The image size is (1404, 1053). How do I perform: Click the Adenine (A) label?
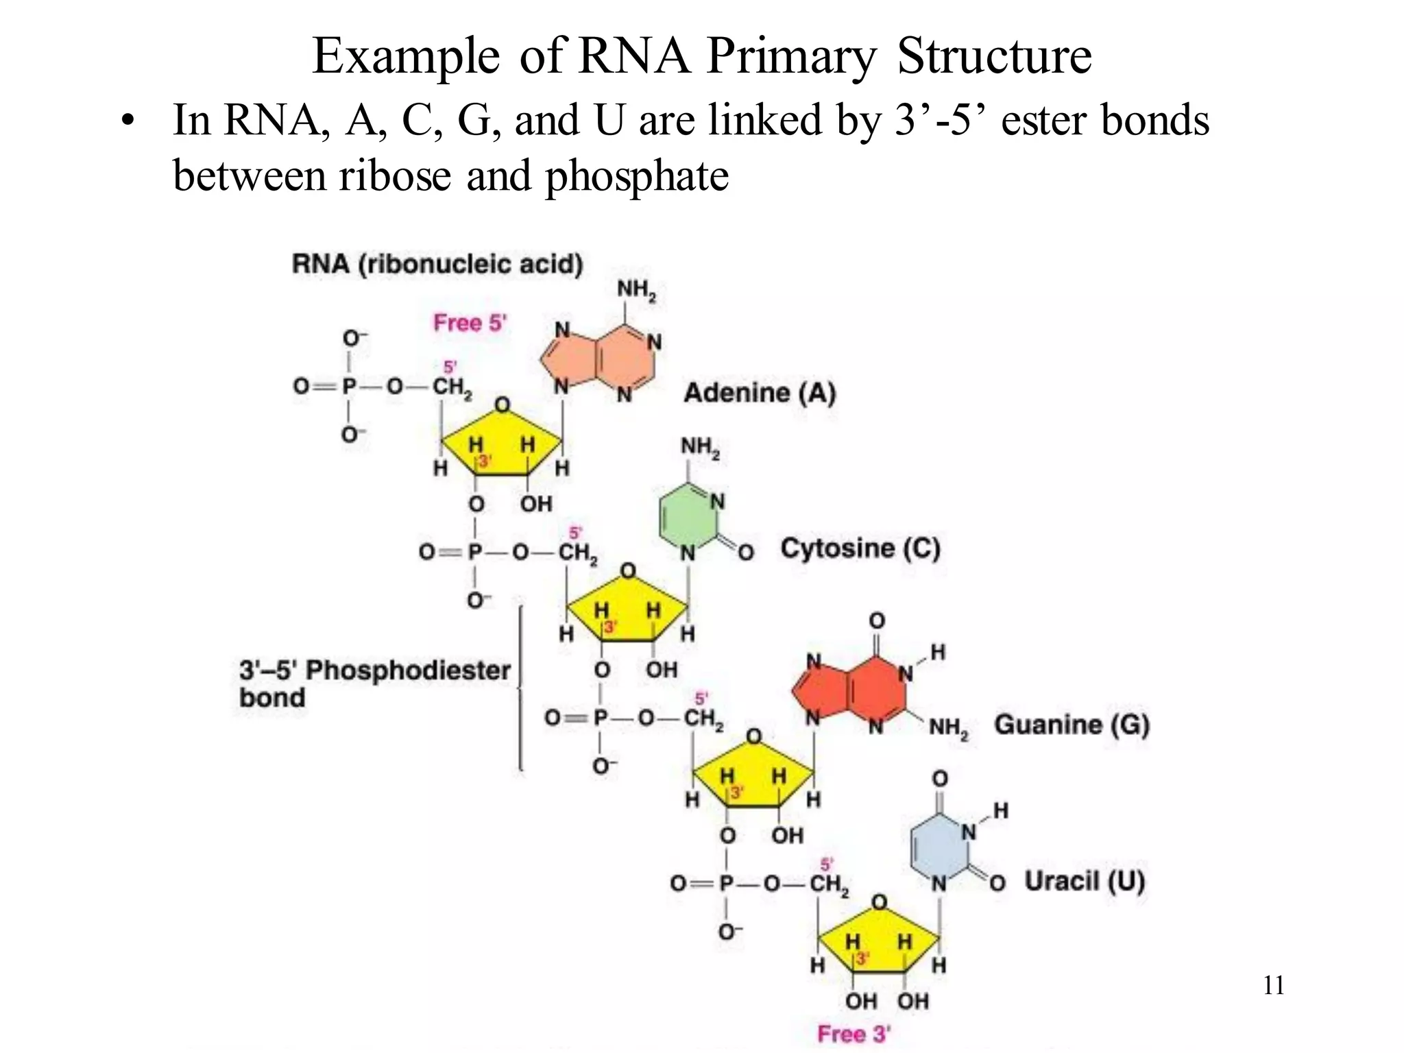[760, 393]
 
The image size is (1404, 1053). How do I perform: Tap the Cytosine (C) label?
[860, 548]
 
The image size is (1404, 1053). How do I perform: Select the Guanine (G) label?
[1072, 725]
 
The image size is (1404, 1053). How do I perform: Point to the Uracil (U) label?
[1085, 881]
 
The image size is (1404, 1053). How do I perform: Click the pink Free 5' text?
[470, 322]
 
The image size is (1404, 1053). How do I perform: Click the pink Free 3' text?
[854, 1034]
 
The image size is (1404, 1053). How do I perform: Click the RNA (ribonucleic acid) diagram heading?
[437, 264]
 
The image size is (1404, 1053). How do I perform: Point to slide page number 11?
[1273, 985]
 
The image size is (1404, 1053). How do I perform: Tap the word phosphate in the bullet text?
[636, 175]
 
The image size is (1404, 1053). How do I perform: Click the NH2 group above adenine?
[636, 291]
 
